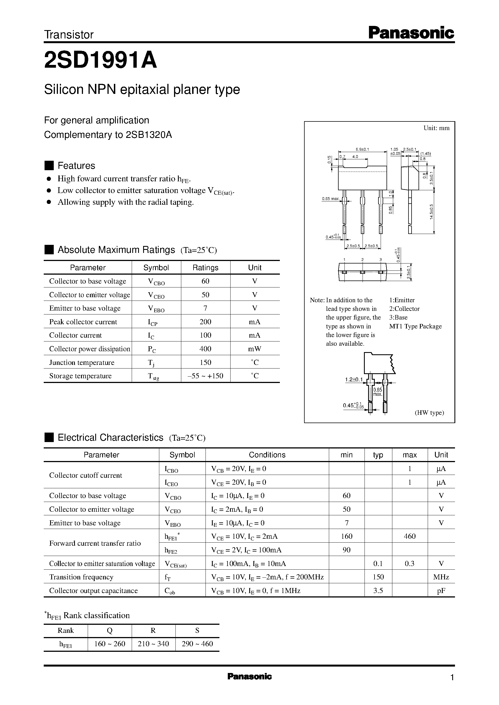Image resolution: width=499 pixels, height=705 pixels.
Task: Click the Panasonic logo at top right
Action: pos(411,33)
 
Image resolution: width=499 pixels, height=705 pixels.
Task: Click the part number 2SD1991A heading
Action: pos(101,60)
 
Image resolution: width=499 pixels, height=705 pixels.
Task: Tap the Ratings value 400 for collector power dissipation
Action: pos(205,348)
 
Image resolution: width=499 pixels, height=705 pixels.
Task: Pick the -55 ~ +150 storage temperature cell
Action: pos(205,375)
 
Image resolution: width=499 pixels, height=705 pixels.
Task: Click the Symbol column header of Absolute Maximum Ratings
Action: pos(156,267)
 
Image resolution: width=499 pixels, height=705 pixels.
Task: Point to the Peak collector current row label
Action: pos(83,322)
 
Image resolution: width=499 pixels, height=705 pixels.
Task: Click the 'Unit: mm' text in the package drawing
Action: pos(436,128)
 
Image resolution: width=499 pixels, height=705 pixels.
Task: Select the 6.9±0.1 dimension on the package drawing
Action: pos(362,149)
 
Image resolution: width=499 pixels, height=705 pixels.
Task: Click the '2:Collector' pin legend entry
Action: pos(404,309)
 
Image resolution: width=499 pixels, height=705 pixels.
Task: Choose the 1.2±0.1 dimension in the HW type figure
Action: pos(354,380)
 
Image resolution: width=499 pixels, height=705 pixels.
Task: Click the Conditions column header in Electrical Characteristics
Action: pos(267,455)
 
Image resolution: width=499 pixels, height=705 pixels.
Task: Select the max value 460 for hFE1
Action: pos(409,536)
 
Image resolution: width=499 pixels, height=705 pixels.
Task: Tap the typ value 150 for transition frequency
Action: pos(378,577)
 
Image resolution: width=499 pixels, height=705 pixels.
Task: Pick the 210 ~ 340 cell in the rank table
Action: pos(153,644)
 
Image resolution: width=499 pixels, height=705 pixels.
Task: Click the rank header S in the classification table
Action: pos(197,631)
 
